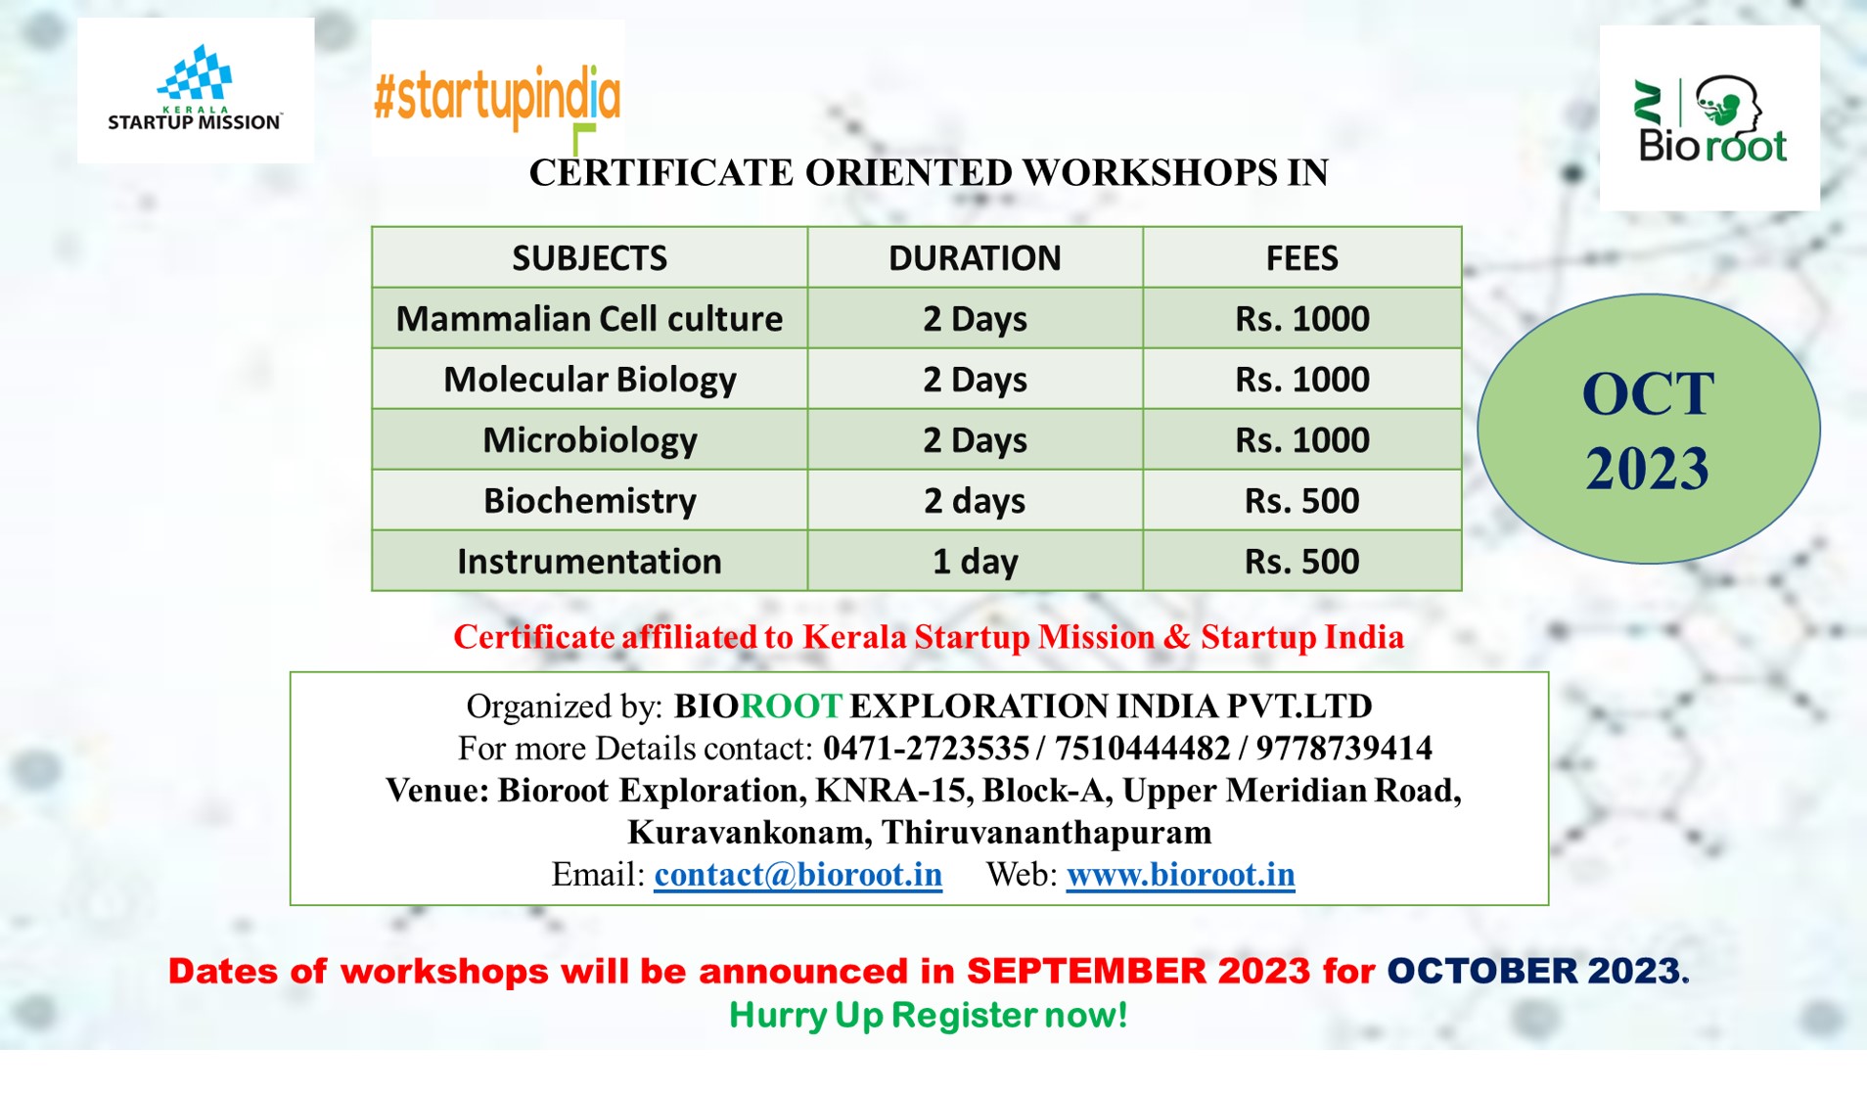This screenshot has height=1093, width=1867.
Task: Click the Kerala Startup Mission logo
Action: pyautogui.click(x=196, y=90)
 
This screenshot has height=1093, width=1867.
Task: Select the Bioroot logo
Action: pyautogui.click(x=1709, y=117)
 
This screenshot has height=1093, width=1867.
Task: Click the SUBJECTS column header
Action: pyautogui.click(x=589, y=257)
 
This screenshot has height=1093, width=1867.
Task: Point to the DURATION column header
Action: pyautogui.click(x=975, y=257)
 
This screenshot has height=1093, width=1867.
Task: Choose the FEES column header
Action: pyautogui.click(x=1301, y=257)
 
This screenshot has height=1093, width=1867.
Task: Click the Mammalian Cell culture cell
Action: pyautogui.click(x=589, y=318)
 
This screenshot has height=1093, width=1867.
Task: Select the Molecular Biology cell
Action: pyautogui.click(x=589, y=379)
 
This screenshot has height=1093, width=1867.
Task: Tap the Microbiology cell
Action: pyautogui.click(x=589, y=439)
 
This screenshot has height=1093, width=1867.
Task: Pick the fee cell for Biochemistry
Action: pyautogui.click(x=1301, y=500)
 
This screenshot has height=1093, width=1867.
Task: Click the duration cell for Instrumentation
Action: pyautogui.click(x=975, y=561)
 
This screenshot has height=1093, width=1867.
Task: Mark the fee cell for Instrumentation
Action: pyautogui.click(x=1301, y=561)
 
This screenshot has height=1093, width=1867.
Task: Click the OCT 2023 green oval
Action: pyautogui.click(x=1649, y=429)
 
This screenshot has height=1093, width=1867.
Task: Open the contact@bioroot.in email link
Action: pyautogui.click(x=797, y=874)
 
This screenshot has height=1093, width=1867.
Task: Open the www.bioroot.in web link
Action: pyautogui.click(x=1180, y=874)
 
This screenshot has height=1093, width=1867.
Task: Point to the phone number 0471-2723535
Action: pyautogui.click(x=926, y=749)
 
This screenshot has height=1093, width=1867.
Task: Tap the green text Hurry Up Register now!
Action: pyautogui.click(x=929, y=1015)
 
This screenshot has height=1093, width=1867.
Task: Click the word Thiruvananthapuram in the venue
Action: pyautogui.click(x=1046, y=833)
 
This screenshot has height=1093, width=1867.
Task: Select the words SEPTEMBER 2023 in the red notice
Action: pyautogui.click(x=1138, y=971)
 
